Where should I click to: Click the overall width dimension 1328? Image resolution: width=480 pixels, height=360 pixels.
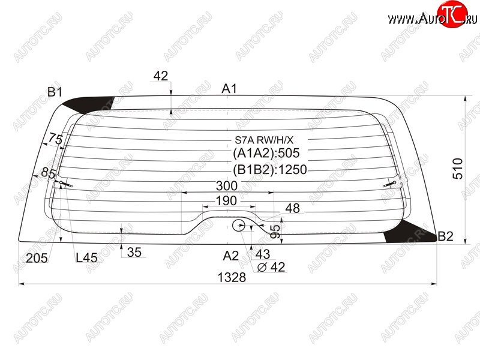pyautogui.click(x=232, y=277)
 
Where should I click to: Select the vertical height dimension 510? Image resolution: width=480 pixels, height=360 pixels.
pyautogui.click(x=458, y=169)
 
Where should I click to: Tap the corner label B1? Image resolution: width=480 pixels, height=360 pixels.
pyautogui.click(x=55, y=92)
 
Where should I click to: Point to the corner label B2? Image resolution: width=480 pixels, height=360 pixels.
pyautogui.click(x=445, y=236)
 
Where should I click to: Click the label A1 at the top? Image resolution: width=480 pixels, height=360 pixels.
pyautogui.click(x=229, y=89)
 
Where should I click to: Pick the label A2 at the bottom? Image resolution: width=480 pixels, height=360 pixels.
pyautogui.click(x=231, y=256)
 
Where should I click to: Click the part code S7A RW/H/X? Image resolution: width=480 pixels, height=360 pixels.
pyautogui.click(x=264, y=140)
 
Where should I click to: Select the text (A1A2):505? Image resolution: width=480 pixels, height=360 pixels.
pyautogui.click(x=266, y=153)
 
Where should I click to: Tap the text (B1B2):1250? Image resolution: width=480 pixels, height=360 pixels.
pyautogui.click(x=269, y=170)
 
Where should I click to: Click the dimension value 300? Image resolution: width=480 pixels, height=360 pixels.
pyautogui.click(x=227, y=186)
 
